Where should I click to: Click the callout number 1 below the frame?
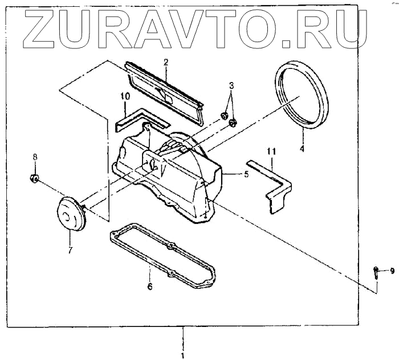click(183, 355)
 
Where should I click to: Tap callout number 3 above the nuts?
click(231, 86)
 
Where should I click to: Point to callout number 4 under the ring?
click(302, 149)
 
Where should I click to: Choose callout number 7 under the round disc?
click(70, 249)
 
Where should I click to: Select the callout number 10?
click(125, 97)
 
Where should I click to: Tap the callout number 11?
click(272, 151)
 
